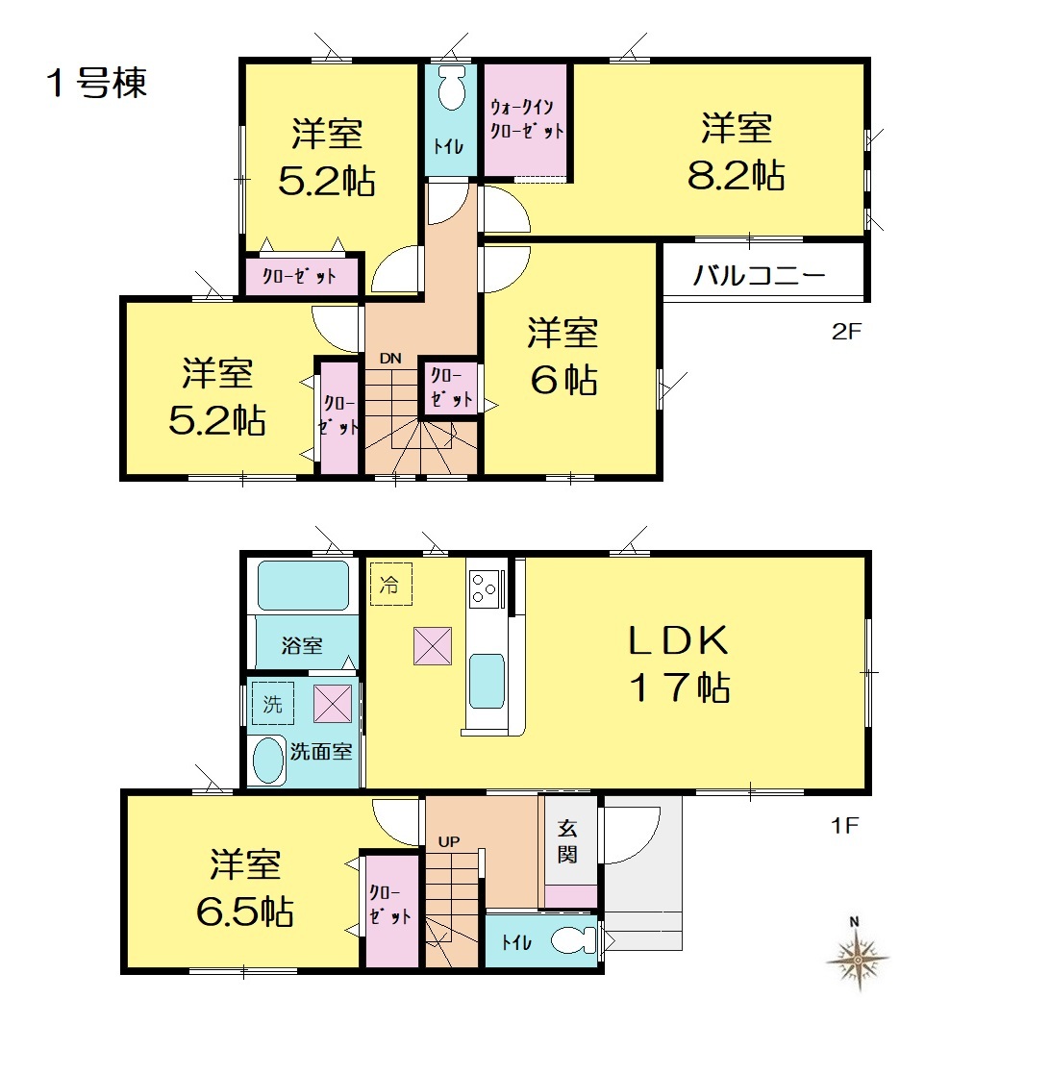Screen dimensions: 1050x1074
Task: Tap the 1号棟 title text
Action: pyautogui.click(x=96, y=84)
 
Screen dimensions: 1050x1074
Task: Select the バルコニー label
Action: pyautogui.click(x=759, y=275)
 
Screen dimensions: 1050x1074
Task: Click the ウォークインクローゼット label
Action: pyautogui.click(x=526, y=118)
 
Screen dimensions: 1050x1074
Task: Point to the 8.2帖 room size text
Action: pyautogui.click(x=737, y=175)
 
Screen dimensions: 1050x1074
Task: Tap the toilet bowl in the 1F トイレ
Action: pyautogui.click(x=573, y=940)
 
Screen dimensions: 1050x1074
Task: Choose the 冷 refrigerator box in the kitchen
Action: pyautogui.click(x=391, y=585)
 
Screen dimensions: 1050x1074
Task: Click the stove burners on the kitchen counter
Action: pyautogui.click(x=485, y=587)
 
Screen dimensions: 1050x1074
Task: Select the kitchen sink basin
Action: pyautogui.click(x=487, y=681)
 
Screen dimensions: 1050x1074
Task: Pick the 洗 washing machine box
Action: pyautogui.click(x=273, y=704)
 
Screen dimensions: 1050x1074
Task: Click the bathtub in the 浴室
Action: pyautogui.click(x=304, y=586)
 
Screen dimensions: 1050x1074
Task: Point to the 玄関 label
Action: pyautogui.click(x=567, y=842)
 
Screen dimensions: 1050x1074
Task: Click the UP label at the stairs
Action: pyautogui.click(x=449, y=841)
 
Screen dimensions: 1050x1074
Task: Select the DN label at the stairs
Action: pyautogui.click(x=390, y=359)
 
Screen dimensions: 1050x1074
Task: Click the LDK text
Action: pyautogui.click(x=679, y=640)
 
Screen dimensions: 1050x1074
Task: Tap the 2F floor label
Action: pyautogui.click(x=846, y=332)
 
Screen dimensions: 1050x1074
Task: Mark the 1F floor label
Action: pyautogui.click(x=844, y=825)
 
